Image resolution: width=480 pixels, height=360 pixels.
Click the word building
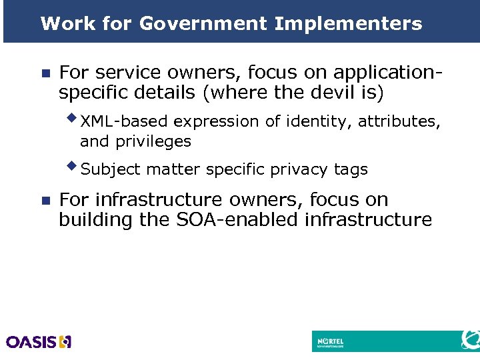pyautogui.click(x=96, y=219)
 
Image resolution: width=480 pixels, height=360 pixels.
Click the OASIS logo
pyautogui.click(x=39, y=342)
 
